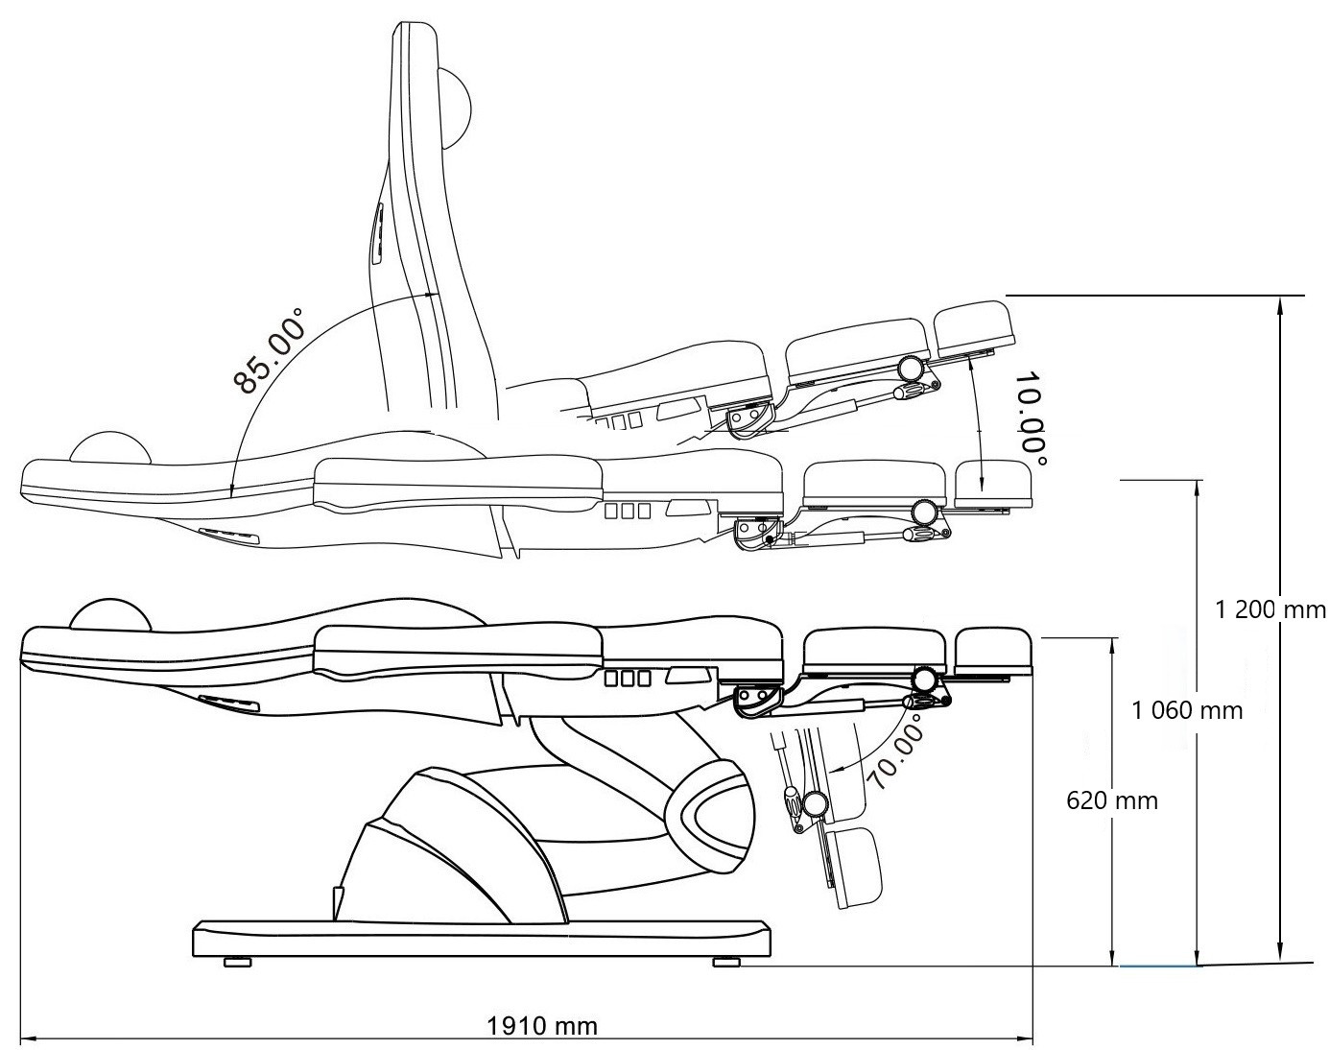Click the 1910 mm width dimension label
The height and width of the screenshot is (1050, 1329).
pos(542,1025)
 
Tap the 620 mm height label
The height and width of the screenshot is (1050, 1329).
pos(1112,799)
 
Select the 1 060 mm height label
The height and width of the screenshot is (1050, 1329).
pos(1187,710)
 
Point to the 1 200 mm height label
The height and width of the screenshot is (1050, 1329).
pos(1270,609)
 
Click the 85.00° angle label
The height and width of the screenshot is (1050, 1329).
pos(268,351)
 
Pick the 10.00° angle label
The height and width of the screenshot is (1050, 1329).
pos(1033,420)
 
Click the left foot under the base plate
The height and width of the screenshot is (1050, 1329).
pos(238,962)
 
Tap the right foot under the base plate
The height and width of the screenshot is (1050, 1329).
pos(726,962)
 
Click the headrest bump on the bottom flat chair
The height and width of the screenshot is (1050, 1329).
pos(111,614)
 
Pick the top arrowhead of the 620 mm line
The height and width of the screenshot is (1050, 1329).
pos(1112,643)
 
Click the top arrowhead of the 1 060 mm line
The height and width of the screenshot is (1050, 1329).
pos(1197,486)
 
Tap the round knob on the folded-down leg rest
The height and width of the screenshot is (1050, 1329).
pos(815,804)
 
